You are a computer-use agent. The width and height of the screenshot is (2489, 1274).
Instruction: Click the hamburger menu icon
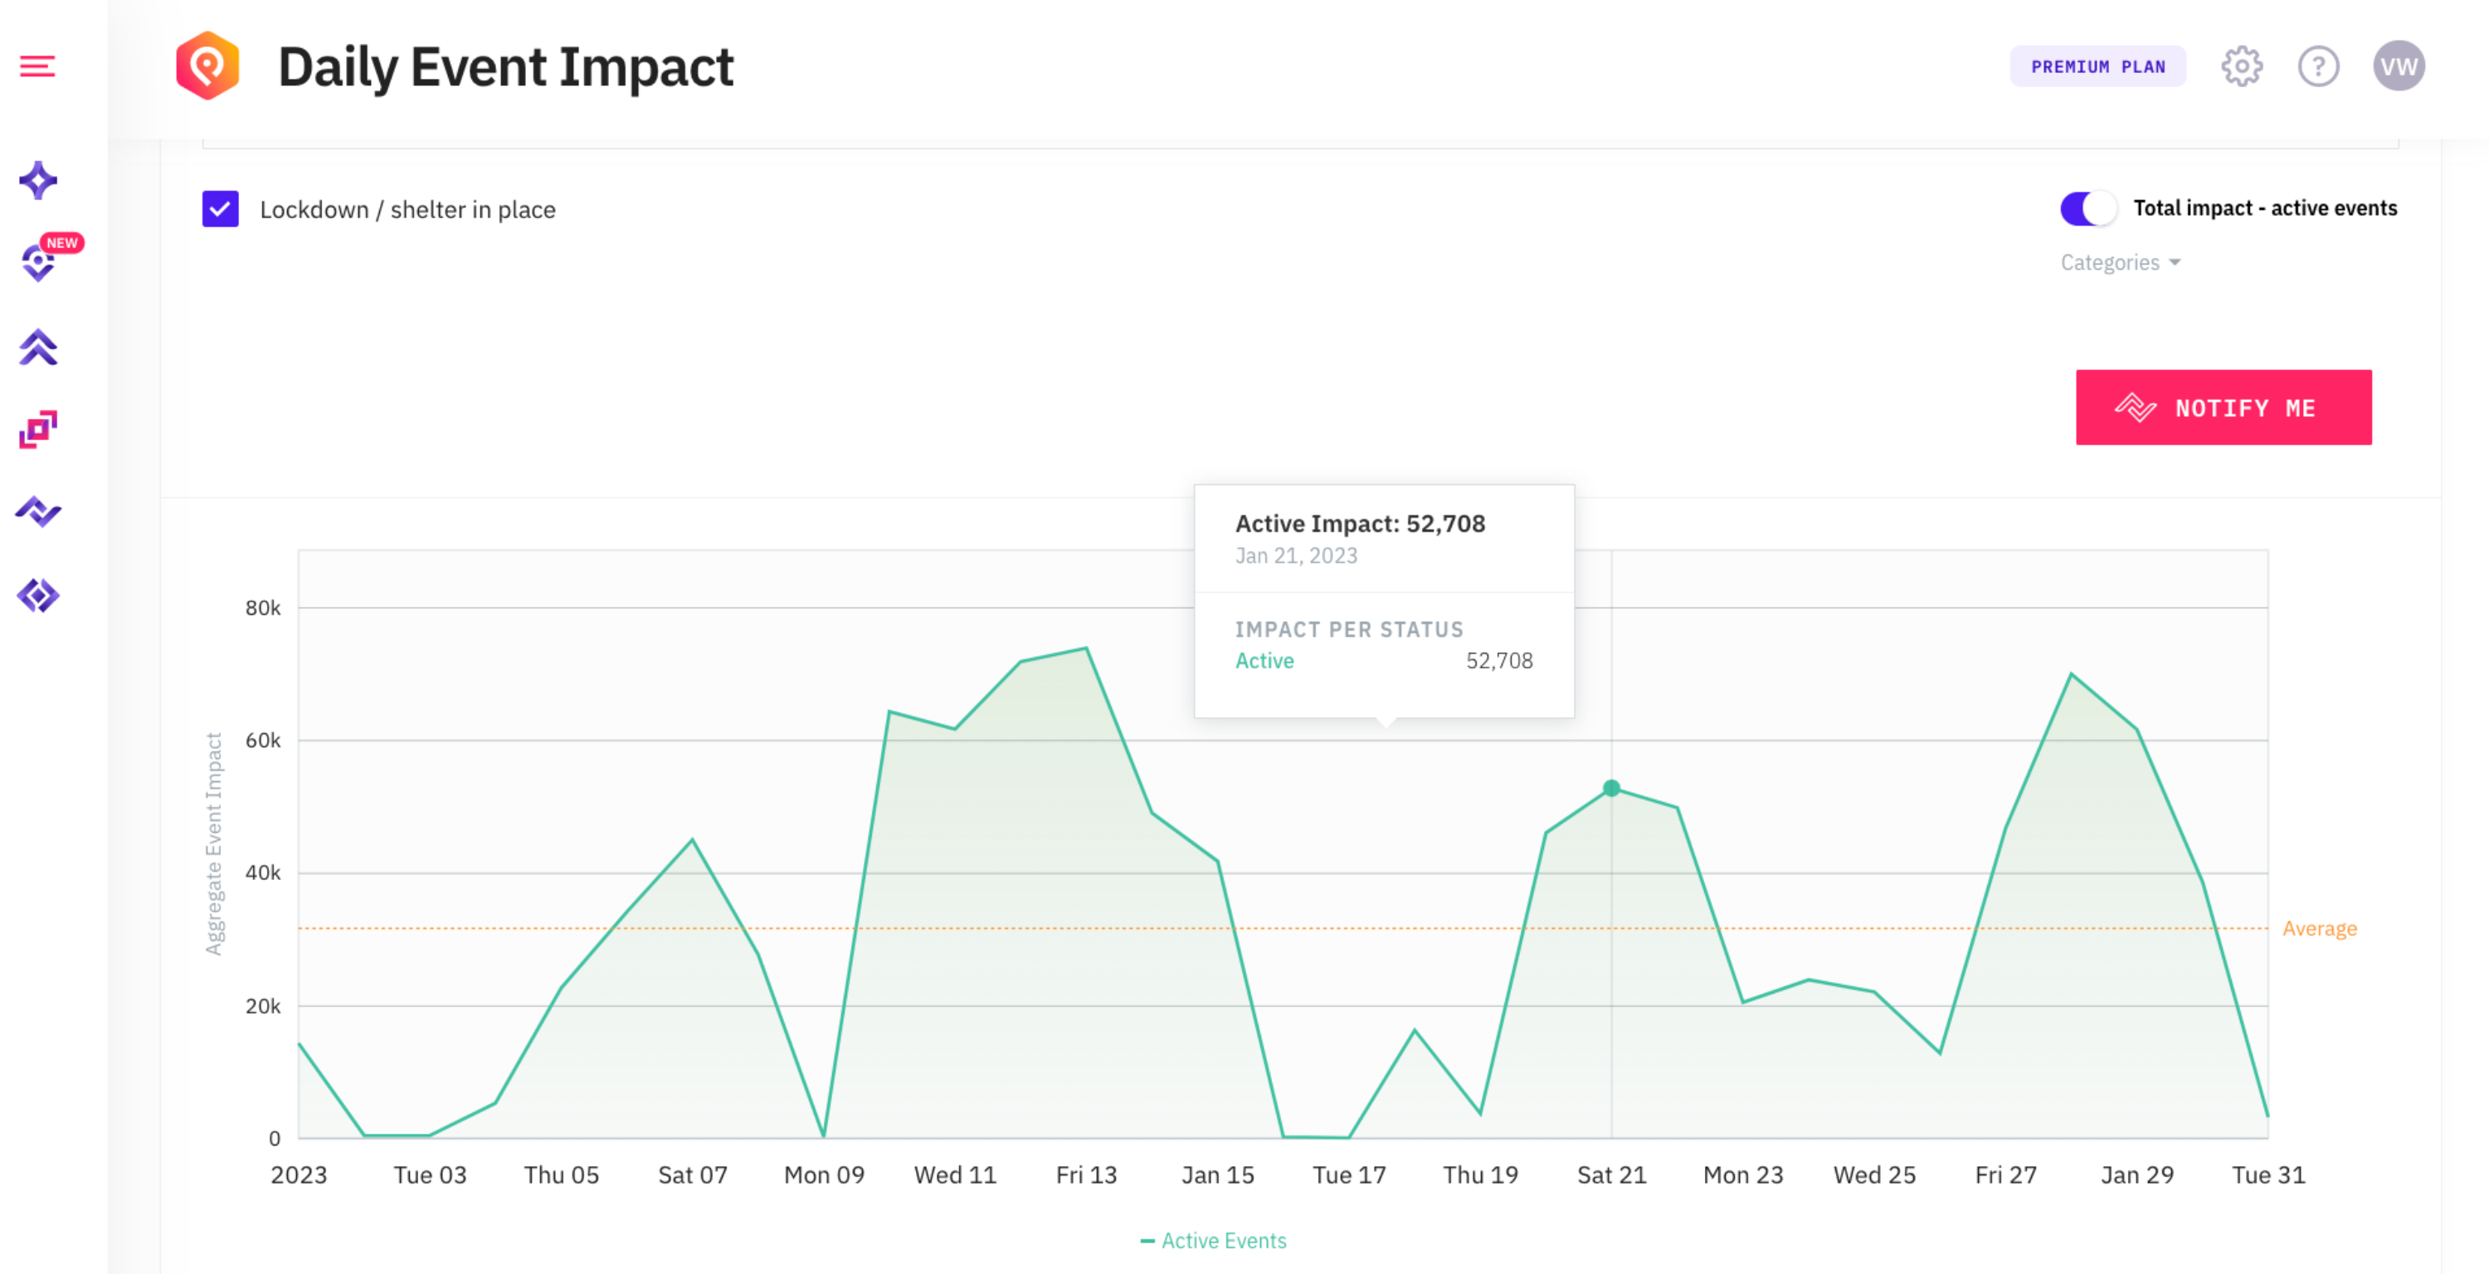click(37, 66)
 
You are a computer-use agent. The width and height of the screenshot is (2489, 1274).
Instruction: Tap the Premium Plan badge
click(2097, 66)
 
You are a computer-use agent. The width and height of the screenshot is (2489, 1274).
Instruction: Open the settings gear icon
click(2241, 66)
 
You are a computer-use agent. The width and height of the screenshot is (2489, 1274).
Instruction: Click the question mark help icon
click(2318, 66)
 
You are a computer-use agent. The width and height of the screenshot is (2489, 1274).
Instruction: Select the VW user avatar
click(2399, 66)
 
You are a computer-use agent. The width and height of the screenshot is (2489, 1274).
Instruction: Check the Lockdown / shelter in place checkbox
click(221, 209)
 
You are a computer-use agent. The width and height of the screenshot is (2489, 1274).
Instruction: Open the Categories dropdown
click(2120, 263)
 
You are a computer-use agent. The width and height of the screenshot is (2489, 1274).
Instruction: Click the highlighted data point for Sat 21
click(1610, 788)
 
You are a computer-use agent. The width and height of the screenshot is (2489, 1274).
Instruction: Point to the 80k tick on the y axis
click(263, 607)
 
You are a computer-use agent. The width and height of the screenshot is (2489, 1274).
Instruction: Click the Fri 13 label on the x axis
click(1086, 1174)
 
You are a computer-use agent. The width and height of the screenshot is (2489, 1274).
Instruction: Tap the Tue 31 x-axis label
click(2267, 1174)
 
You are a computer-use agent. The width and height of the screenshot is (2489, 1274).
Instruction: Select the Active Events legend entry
click(1214, 1241)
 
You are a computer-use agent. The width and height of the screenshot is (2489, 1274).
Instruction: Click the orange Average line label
click(2319, 928)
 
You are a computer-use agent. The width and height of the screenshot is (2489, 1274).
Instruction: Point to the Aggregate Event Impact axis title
click(213, 844)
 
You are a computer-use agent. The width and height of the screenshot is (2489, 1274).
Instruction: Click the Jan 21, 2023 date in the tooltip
click(1296, 556)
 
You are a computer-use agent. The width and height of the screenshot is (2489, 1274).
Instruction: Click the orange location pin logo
click(207, 66)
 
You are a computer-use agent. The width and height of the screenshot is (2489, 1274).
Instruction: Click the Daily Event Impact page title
click(505, 68)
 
